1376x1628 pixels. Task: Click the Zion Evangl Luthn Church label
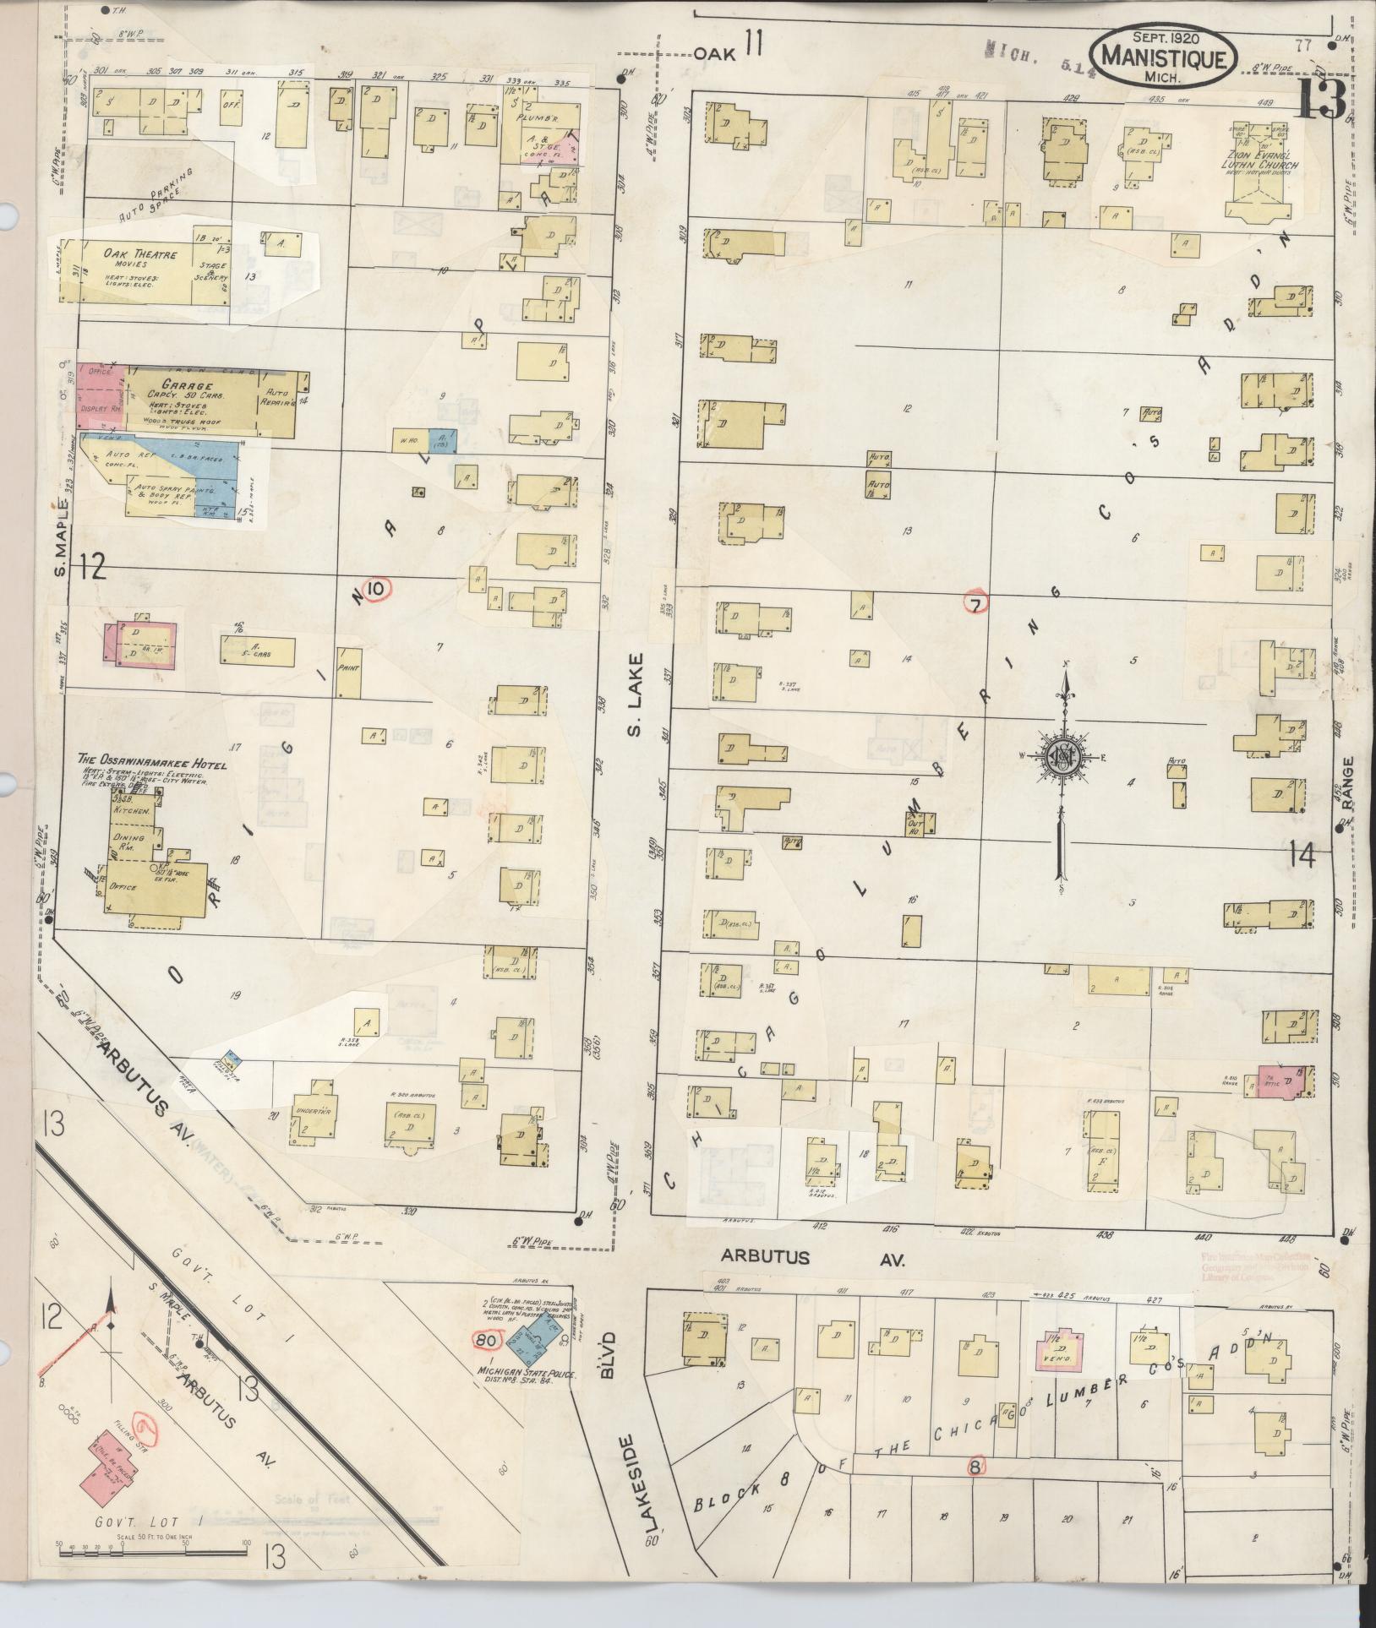[x=1264, y=160]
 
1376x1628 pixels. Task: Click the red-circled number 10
[x=376, y=587]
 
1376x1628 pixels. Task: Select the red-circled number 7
[x=975, y=602]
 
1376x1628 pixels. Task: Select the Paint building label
[x=348, y=667]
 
